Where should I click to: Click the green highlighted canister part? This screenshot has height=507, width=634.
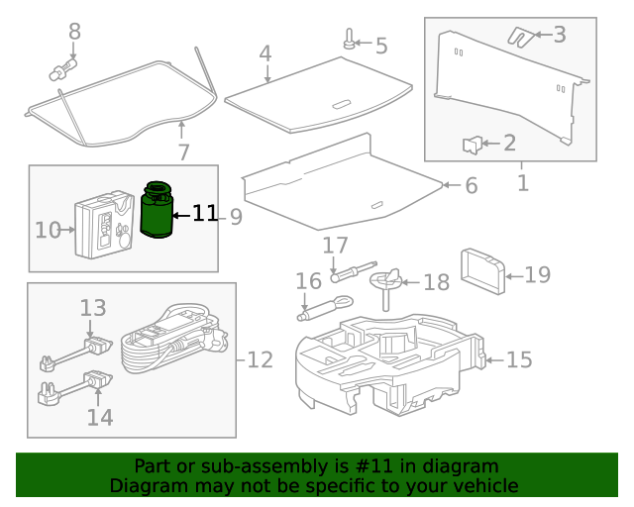click(x=156, y=210)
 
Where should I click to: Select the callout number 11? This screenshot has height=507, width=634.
click(x=204, y=214)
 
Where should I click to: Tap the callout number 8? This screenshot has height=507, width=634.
click(x=74, y=32)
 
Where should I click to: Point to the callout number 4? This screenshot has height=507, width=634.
click(x=264, y=52)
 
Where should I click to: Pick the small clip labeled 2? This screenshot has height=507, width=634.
click(x=473, y=146)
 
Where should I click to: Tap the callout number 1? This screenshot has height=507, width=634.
click(x=522, y=182)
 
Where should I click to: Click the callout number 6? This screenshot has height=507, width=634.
click(x=471, y=185)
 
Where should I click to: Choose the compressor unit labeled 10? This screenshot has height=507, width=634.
click(x=104, y=229)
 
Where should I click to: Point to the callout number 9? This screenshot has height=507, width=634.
click(x=236, y=216)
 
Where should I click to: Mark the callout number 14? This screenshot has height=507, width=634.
click(x=100, y=417)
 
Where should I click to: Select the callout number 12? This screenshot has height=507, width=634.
click(x=260, y=359)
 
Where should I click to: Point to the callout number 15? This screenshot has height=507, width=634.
click(x=519, y=359)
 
